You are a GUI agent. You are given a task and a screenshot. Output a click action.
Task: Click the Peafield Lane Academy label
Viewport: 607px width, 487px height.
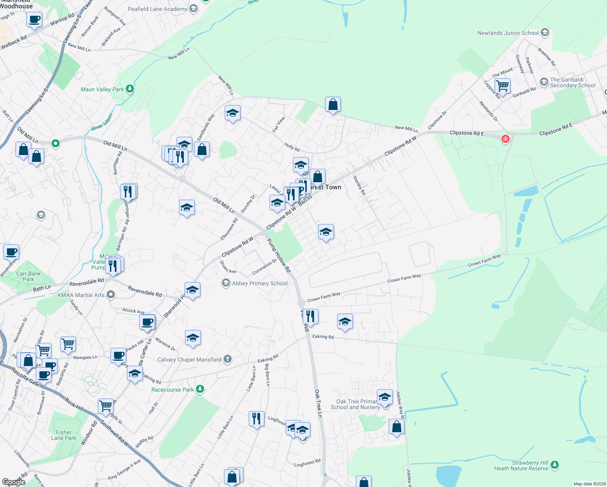click(x=157, y=9)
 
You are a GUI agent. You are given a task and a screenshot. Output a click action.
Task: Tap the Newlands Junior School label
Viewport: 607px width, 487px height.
click(x=508, y=33)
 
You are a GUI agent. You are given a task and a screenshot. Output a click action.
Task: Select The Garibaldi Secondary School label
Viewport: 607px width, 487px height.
click(x=573, y=82)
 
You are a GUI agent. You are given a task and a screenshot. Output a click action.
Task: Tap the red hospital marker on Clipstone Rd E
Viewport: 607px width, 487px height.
click(x=505, y=139)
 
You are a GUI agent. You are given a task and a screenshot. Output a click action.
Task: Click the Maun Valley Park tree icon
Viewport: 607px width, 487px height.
click(x=129, y=88)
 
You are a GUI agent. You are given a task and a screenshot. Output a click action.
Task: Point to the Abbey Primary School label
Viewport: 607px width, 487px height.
click(x=260, y=283)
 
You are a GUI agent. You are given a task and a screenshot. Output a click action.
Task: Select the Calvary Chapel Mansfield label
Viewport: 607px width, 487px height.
click(x=189, y=360)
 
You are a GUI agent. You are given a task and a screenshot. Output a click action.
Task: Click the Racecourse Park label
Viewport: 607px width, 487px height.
click(x=172, y=390)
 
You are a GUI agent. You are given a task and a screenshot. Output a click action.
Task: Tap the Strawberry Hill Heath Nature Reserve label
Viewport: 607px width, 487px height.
click(x=521, y=465)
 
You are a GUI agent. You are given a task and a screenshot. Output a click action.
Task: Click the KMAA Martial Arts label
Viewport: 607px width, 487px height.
click(x=81, y=295)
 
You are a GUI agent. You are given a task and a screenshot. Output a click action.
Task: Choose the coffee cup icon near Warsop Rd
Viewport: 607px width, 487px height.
click(x=34, y=19)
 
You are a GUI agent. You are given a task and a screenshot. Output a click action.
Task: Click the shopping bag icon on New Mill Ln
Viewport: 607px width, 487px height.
click(x=333, y=105)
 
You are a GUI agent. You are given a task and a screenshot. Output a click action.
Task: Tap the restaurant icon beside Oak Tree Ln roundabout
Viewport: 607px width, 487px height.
click(x=310, y=316)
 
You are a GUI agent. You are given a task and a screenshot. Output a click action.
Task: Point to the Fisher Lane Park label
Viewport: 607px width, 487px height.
click(x=64, y=435)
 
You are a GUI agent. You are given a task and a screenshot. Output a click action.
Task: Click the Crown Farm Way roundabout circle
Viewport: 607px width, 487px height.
click(x=301, y=303)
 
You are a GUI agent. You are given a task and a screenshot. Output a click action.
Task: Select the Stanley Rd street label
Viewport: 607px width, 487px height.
click(x=359, y=185)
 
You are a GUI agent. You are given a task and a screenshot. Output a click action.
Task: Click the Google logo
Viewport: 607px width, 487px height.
click(x=13, y=482)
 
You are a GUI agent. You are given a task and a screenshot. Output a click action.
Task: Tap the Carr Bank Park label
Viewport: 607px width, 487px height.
click(x=28, y=276)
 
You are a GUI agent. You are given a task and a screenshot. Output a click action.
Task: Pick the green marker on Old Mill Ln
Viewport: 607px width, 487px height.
click(x=56, y=143)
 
